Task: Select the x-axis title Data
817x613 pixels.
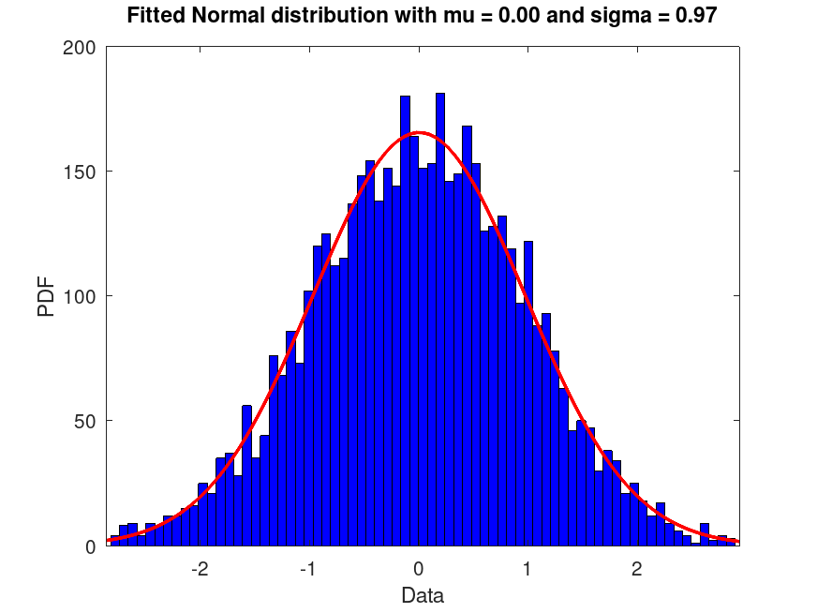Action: (423, 595)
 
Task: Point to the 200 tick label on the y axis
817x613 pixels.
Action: (79, 48)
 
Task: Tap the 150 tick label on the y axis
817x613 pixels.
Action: (79, 172)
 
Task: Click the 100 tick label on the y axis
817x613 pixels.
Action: (79, 296)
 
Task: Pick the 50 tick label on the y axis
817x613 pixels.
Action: (83, 421)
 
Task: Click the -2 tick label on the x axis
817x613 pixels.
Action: (200, 570)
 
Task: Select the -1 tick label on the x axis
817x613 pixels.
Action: (308, 570)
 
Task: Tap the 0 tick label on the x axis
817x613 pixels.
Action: (419, 570)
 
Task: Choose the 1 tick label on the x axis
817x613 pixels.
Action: (527, 570)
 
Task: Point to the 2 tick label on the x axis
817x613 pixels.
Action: (636, 570)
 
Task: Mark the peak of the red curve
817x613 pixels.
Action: (419, 133)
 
